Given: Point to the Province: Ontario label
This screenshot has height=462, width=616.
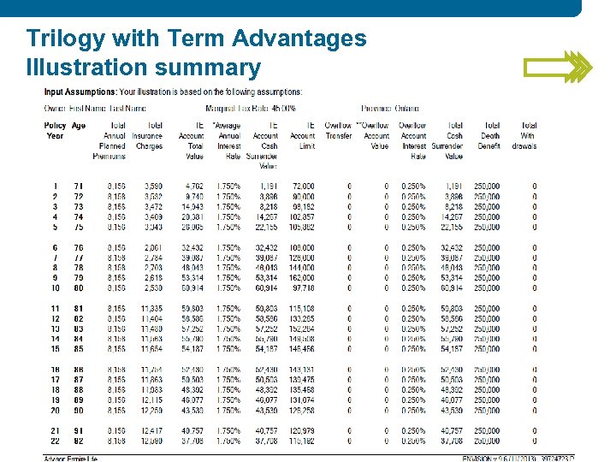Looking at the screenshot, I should click(x=390, y=109).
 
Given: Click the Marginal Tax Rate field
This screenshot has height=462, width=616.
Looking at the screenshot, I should click(x=251, y=109).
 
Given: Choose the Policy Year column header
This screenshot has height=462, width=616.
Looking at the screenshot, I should click(x=55, y=130).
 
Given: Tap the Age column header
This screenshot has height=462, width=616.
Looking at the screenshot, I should click(x=79, y=126).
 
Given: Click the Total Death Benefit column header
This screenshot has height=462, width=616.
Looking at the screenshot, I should click(x=489, y=135).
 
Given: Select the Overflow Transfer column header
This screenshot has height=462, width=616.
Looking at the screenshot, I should click(x=339, y=130).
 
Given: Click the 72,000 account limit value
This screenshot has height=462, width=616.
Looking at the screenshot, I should click(x=303, y=186).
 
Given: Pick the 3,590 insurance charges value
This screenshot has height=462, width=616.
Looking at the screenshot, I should click(x=152, y=186).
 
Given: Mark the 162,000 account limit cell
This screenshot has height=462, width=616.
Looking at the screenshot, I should click(x=302, y=278).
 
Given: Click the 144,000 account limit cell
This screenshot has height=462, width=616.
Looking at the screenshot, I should click(x=302, y=268).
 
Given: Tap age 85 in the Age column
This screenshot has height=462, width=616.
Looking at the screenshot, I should click(x=79, y=349).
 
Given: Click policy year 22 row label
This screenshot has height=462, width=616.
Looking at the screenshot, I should click(x=55, y=441).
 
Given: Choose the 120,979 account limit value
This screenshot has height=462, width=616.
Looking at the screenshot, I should click(x=302, y=430).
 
